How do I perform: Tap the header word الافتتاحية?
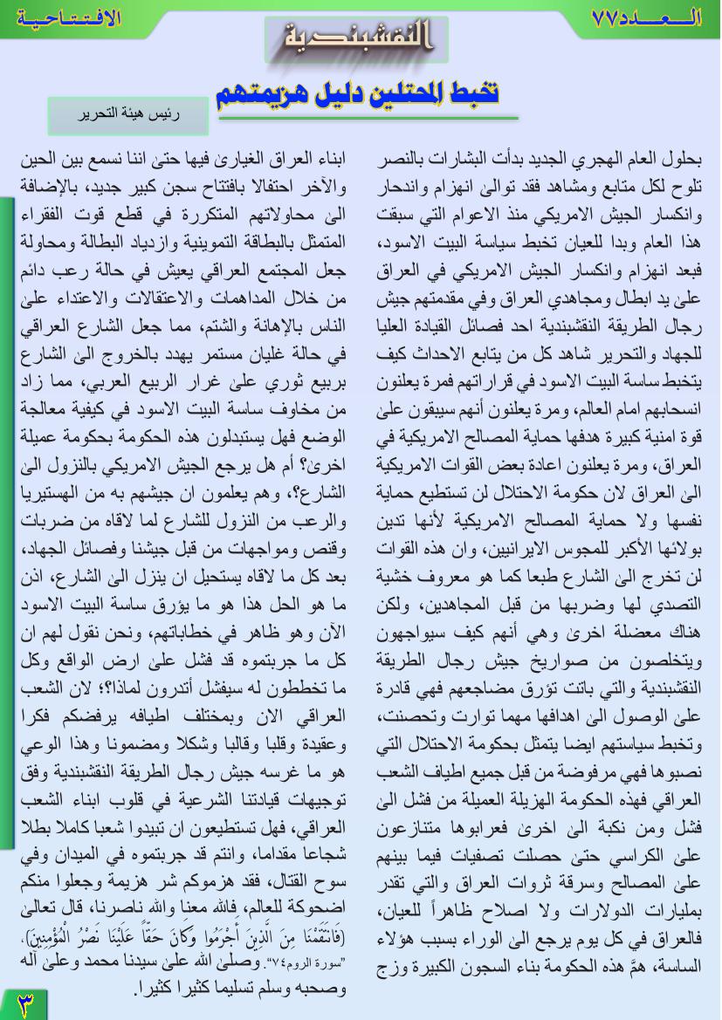(x=62, y=17)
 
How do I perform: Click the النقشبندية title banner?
(x=357, y=40)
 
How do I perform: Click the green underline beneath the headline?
(x=367, y=117)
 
